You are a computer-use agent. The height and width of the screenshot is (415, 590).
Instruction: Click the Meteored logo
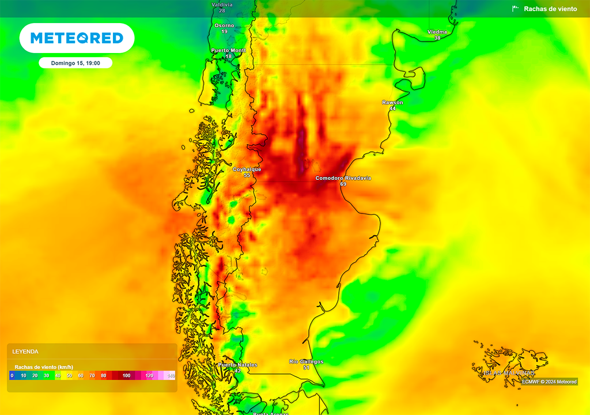(x=77, y=38)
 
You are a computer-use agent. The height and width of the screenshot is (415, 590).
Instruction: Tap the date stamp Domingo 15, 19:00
(x=75, y=63)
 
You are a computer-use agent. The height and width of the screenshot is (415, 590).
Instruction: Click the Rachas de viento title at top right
(x=550, y=9)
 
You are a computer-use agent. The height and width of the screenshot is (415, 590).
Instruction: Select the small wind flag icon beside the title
(x=515, y=9)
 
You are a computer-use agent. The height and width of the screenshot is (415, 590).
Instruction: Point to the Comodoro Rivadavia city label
(x=343, y=178)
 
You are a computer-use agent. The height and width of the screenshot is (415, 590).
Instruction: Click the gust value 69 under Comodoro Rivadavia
(x=343, y=184)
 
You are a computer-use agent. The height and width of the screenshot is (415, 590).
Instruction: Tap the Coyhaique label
(x=247, y=169)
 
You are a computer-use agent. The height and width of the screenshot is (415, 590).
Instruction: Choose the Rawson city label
(x=392, y=103)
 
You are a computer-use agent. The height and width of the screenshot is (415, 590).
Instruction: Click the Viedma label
(x=437, y=32)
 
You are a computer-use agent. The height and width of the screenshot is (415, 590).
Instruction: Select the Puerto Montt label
(x=228, y=50)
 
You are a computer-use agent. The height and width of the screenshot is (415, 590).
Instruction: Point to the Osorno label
(x=224, y=25)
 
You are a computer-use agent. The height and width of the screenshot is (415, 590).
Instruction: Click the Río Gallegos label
(x=306, y=361)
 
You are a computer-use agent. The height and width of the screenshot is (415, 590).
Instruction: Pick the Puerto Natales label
(x=237, y=365)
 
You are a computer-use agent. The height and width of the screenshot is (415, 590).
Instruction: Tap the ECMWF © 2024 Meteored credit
(x=549, y=382)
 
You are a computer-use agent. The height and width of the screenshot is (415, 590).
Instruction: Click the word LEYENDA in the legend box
(x=25, y=351)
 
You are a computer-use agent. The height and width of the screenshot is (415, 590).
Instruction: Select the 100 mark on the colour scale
(x=127, y=376)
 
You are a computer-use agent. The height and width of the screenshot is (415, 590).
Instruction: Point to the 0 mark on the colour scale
(x=12, y=376)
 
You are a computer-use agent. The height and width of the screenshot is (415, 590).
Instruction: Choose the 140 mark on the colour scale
(x=171, y=376)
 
